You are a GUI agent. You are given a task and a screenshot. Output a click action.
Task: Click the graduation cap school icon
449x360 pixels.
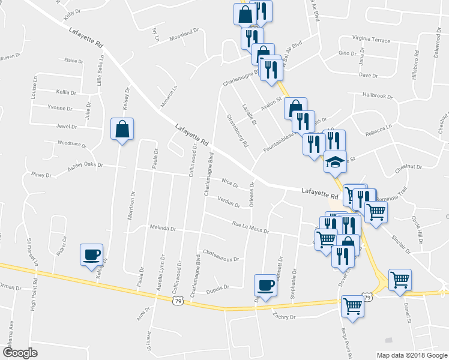coord(334,163)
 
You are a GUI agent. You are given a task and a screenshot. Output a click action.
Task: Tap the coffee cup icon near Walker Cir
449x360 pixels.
coord(91,254)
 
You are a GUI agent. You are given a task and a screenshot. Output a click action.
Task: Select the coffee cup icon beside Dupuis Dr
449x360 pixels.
coord(265,284)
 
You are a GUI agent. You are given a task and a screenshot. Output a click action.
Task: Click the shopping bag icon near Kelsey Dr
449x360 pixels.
coord(122,129)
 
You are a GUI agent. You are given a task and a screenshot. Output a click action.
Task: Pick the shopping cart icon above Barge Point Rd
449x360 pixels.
coord(352,307)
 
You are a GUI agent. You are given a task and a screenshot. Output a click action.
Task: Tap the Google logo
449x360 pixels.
coord(20,353)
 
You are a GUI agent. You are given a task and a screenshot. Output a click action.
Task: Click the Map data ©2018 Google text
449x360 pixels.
coord(411,355)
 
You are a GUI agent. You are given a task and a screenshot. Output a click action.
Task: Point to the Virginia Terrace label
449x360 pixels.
coord(367,38)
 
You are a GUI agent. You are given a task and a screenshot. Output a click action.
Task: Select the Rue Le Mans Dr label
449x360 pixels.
coord(250,227)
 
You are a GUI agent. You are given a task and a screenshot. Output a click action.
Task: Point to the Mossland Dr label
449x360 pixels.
coord(184,32)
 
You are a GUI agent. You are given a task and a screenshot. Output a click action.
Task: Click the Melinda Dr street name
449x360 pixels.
coord(163,229)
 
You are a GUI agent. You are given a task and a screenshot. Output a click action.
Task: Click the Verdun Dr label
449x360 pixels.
coord(229,202)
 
